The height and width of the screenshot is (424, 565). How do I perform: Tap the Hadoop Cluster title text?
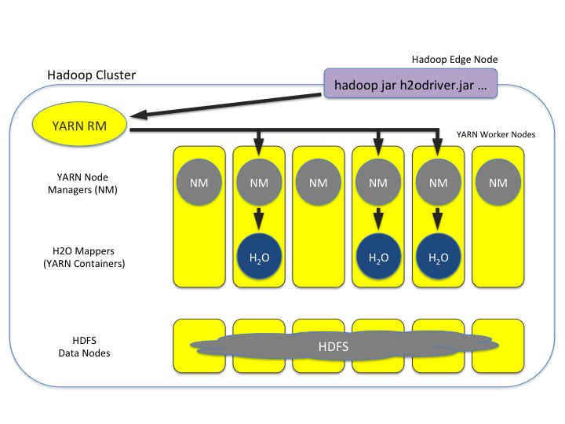(91, 75)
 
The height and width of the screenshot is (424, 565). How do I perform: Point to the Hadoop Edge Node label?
(454, 60)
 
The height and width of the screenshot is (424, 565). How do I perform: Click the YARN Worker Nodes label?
(496, 134)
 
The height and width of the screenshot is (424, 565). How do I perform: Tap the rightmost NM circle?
(498, 183)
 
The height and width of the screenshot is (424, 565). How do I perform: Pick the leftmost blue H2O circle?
(258, 257)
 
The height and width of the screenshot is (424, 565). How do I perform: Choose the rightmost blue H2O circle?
(438, 257)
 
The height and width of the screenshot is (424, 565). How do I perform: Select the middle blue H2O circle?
(377, 257)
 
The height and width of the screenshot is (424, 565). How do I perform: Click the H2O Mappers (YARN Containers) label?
(84, 257)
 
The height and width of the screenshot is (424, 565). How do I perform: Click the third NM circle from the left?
(318, 183)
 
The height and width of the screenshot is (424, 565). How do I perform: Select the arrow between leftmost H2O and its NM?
(258, 218)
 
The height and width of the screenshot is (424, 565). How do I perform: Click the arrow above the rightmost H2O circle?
(438, 218)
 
